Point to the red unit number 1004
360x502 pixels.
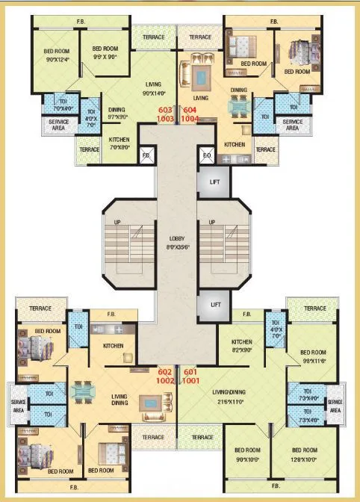tap(190, 118)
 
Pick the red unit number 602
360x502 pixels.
tap(165, 371)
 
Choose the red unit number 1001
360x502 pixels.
tap(191, 379)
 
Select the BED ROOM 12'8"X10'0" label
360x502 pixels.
tap(304, 454)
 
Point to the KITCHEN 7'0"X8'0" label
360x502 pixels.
tap(120, 143)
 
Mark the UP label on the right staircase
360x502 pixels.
tap(213, 222)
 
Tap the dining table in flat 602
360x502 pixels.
tap(81, 390)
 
